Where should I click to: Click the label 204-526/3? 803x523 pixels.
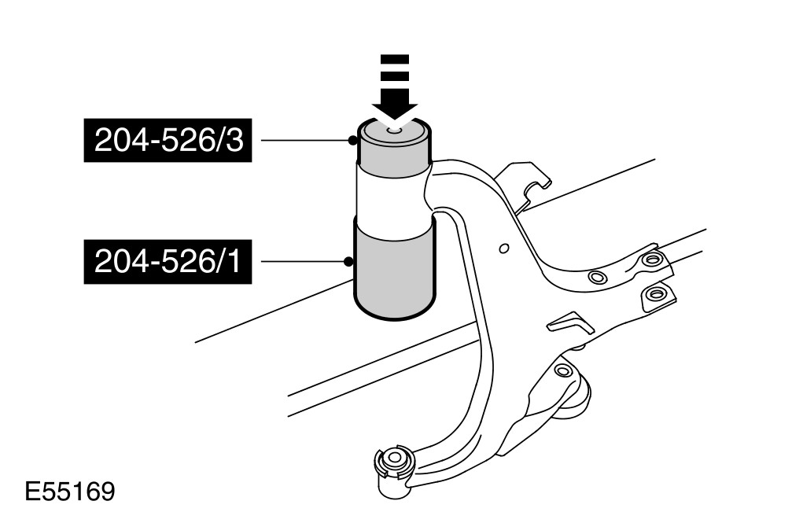[x=168, y=141]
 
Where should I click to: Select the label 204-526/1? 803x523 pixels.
[x=168, y=260]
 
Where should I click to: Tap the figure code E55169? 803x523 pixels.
[x=70, y=492]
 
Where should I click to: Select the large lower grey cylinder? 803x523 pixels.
[x=393, y=271]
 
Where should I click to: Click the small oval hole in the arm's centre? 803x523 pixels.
[x=504, y=249]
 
